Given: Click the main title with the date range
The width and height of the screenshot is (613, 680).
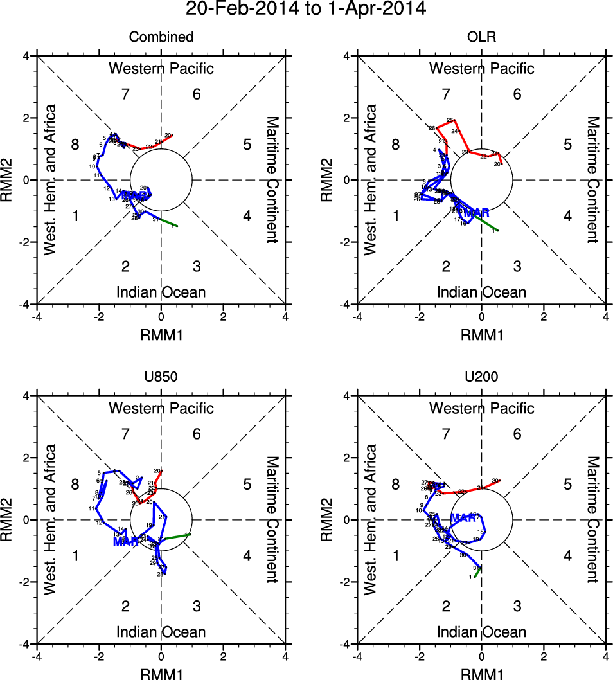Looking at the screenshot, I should (305, 9).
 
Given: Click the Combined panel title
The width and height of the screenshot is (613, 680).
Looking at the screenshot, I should (161, 37).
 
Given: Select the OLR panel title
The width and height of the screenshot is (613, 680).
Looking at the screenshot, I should (481, 37).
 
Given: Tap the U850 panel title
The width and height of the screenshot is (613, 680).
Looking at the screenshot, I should (161, 377).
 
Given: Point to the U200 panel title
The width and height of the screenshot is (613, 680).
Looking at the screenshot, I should (481, 377).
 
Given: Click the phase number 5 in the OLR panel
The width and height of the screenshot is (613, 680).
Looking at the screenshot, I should (567, 145).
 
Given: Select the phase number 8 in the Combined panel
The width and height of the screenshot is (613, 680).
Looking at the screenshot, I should (75, 145).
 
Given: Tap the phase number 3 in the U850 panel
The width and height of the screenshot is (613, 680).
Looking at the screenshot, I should (197, 605).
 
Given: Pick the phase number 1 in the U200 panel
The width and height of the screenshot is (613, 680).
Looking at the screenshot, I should (396, 556).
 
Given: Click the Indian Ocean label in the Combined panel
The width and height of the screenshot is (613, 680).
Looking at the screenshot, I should (161, 292).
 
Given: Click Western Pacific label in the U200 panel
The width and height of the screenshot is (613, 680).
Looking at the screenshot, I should (481, 408).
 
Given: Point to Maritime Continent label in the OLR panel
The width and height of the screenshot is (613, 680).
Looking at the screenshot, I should (592, 180).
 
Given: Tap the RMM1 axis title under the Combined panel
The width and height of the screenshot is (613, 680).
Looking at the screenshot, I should (161, 334).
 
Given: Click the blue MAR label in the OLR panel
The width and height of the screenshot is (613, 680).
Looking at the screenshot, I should (477, 213).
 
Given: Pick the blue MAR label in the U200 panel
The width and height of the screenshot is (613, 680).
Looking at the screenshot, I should (463, 517).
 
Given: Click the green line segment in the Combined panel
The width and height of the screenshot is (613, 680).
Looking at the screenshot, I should (168, 223).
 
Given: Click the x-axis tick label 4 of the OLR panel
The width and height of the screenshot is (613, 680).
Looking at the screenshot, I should (605, 317).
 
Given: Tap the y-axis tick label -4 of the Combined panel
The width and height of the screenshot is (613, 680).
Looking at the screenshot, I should (24, 304).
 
